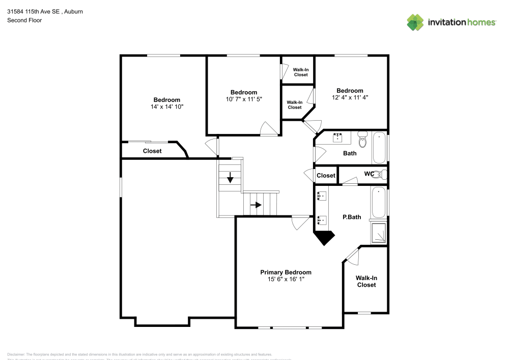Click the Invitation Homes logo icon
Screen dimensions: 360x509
(415, 22)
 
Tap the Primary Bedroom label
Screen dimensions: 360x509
(286, 272)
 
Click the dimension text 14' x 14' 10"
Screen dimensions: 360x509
(167, 107)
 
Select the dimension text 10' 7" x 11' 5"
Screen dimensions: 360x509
(244, 99)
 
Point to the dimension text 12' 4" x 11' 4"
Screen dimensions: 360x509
(350, 97)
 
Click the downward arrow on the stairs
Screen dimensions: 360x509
(230, 178)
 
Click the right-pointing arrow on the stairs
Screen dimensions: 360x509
(257, 205)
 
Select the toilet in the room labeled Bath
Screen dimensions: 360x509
(362, 138)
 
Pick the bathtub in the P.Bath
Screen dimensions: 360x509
(379, 203)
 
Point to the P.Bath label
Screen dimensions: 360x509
(351, 217)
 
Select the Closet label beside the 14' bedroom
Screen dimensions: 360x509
(152, 151)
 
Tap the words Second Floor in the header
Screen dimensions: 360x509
(24, 20)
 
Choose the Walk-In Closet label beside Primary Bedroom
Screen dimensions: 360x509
(366, 282)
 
